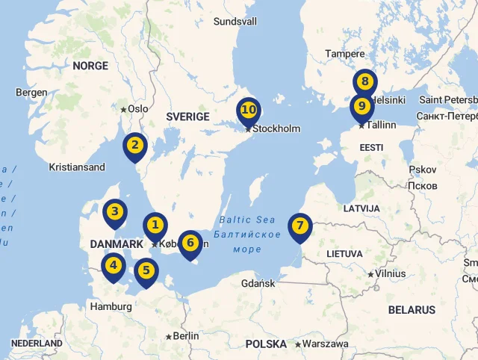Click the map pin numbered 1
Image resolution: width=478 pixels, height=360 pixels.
tap(155, 225)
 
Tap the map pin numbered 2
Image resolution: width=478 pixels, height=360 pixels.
tap(135, 145)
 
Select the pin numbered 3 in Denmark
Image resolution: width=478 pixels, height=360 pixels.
tap(115, 212)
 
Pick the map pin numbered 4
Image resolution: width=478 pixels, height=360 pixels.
tap(114, 265)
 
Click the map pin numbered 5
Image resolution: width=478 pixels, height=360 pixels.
tap(146, 271)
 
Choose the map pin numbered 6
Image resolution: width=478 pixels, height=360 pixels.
tap(190, 243)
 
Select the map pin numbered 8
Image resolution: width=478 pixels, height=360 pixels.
tap(364, 82)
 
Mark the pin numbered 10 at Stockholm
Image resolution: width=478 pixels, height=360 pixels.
tap(249, 111)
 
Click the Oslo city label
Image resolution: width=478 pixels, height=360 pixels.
tap(137, 108)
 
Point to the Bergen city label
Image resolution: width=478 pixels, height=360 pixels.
tap(31, 93)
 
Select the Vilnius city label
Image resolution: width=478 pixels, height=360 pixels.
tap(390, 273)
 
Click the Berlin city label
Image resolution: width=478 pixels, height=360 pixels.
tap(185, 336)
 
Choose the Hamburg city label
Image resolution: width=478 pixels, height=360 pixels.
tap(111, 306)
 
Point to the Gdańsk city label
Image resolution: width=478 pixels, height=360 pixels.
tap(258, 284)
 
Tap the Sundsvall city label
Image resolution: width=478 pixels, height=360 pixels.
tap(235, 22)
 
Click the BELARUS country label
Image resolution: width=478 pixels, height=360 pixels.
tap(412, 310)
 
